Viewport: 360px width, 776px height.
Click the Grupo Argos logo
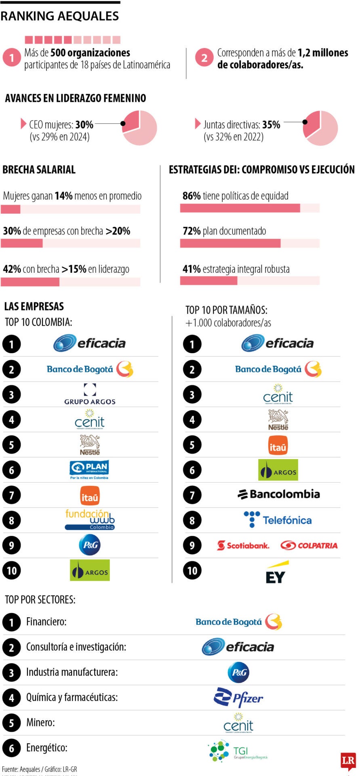tap(90, 394)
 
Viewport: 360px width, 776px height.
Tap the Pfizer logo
tap(238, 697)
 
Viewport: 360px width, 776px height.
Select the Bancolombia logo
tap(279, 494)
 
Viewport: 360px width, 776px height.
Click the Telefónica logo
tap(278, 520)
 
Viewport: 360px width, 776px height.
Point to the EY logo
tap(277, 572)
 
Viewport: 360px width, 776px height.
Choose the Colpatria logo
tap(309, 545)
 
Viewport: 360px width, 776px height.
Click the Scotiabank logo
tap(243, 545)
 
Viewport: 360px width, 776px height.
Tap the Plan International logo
tap(89, 470)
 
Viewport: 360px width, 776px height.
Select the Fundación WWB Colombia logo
tap(90, 520)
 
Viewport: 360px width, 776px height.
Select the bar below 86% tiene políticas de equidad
tap(240, 208)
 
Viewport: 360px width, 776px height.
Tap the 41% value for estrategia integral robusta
tap(192, 269)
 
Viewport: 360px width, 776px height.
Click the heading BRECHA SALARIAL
tap(39, 170)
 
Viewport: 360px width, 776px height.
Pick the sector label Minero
tap(40, 722)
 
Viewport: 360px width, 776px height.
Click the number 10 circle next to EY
tap(192, 571)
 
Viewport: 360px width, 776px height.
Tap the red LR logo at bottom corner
tap(348, 761)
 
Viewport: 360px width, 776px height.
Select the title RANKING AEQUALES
tap(60, 16)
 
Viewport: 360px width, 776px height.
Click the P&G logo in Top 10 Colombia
tap(90, 545)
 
